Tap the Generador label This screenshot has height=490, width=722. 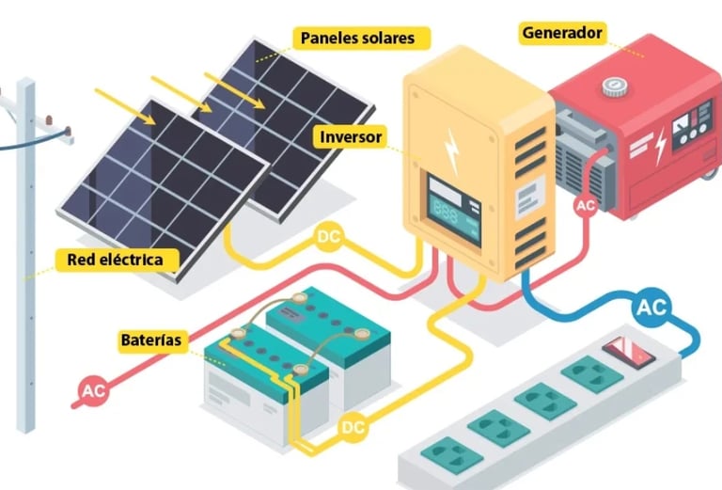(x=561, y=33)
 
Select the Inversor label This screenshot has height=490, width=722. (x=351, y=137)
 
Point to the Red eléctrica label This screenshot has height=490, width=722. (x=115, y=259)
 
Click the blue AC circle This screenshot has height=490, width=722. (x=651, y=307)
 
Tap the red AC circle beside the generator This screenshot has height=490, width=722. (x=585, y=205)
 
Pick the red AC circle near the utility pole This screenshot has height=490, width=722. (x=93, y=390)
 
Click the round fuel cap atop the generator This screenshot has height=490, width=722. (x=616, y=86)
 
